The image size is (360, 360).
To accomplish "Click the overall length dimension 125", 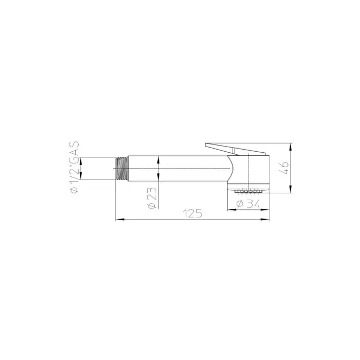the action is point(192,213).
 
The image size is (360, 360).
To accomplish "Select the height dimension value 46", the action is point(284,168).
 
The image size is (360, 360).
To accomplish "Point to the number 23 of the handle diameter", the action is point(152,194).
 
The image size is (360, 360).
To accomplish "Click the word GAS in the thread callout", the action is point(75,150).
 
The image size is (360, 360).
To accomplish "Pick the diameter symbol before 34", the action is point(240,204).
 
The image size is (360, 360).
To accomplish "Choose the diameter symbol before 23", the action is point(152,206).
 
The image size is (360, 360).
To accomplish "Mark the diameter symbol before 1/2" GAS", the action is point(75,190).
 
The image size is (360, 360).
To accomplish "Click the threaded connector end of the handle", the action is point(122,168).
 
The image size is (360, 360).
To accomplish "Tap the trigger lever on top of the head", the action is point(235,149).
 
